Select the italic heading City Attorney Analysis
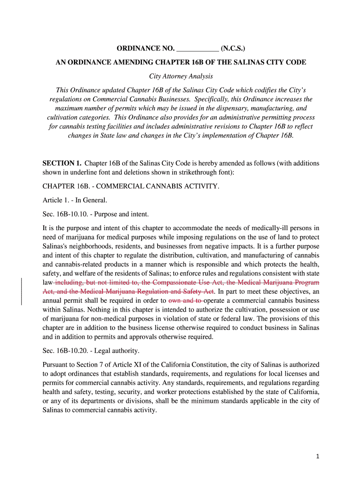(181, 76)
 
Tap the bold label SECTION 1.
(62, 163)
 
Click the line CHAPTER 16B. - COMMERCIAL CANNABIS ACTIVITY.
(131, 186)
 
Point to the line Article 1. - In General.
(71, 200)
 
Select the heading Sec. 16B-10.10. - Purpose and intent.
(95, 214)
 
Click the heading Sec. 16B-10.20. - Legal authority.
(91, 351)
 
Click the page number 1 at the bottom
(318, 456)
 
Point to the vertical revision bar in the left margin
(22, 291)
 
